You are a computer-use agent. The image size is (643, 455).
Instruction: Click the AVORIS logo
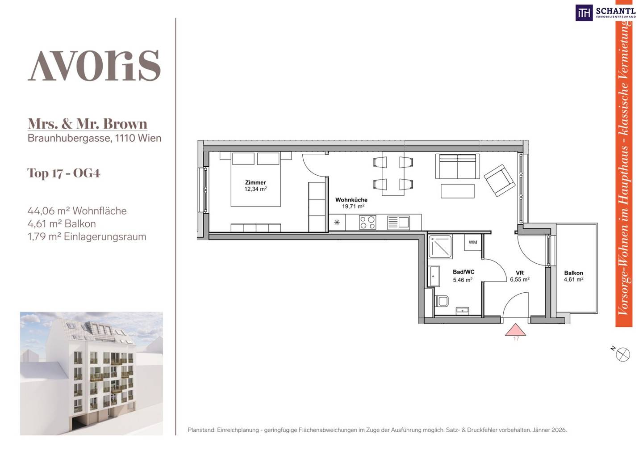(94, 66)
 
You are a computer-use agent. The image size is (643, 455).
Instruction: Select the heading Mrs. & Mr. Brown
(87, 124)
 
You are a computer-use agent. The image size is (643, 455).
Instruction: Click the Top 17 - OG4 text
(64, 173)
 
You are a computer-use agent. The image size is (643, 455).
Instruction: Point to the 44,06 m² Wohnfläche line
(77, 211)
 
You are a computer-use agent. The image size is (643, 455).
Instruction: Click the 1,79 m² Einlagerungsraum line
(87, 237)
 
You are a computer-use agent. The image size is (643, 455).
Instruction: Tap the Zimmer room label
(255, 185)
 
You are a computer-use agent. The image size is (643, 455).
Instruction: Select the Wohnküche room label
(351, 203)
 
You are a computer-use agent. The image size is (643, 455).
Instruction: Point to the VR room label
(520, 276)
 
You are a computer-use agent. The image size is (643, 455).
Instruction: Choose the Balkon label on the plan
(573, 276)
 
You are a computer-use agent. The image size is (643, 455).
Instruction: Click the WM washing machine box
(473, 242)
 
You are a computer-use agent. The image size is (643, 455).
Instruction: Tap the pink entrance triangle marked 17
(516, 330)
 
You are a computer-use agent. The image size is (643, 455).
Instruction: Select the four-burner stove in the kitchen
(367, 222)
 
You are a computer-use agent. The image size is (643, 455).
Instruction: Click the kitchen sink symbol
(398, 222)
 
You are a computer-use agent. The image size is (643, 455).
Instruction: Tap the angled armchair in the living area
(499, 180)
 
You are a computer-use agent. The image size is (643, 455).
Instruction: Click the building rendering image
(91, 373)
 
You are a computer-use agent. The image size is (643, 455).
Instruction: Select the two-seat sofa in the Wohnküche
(458, 166)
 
